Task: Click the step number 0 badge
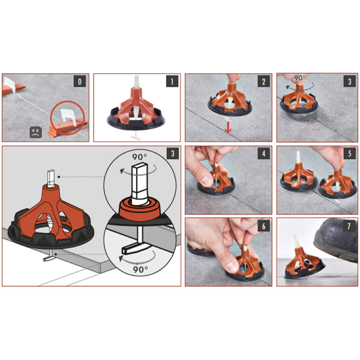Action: (80, 81)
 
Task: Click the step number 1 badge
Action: (172, 81)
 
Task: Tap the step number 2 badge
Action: (263, 81)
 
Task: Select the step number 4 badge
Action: (263, 154)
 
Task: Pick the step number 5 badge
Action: (349, 154)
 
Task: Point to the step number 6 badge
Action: (263, 226)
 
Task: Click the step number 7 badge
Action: (349, 226)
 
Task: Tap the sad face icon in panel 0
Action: (35, 133)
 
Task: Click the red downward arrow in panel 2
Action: (228, 127)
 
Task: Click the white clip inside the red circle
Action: (68, 117)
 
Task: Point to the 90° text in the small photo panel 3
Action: (299, 78)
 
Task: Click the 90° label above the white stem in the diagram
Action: (139, 157)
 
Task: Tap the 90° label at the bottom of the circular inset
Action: (140, 269)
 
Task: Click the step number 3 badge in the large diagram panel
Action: (172, 154)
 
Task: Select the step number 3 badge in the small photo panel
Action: (349, 81)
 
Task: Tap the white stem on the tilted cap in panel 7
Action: (296, 241)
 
